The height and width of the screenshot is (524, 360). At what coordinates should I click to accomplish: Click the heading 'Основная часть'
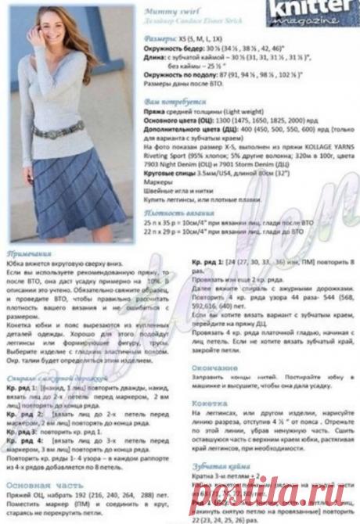[40, 484]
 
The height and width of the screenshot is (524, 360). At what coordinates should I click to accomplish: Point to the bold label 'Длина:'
[157, 61]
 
